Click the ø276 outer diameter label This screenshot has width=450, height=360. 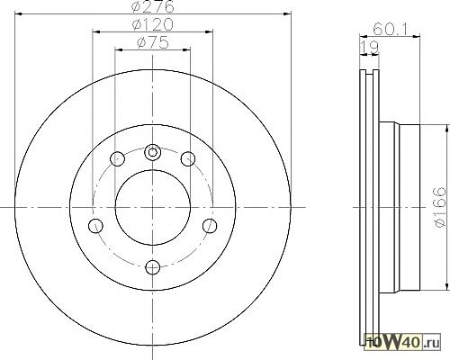(153, 6)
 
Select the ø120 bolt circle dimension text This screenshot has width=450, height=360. (153, 24)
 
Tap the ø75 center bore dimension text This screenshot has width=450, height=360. (153, 42)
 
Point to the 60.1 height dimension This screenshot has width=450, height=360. (390, 29)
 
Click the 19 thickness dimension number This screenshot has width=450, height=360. (369, 48)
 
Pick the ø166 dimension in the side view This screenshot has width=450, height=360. (440, 207)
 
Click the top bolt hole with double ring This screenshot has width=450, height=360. (152, 152)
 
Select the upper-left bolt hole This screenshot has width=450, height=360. (117, 158)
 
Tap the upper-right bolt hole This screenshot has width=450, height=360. (188, 158)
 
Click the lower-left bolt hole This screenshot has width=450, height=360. (95, 226)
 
